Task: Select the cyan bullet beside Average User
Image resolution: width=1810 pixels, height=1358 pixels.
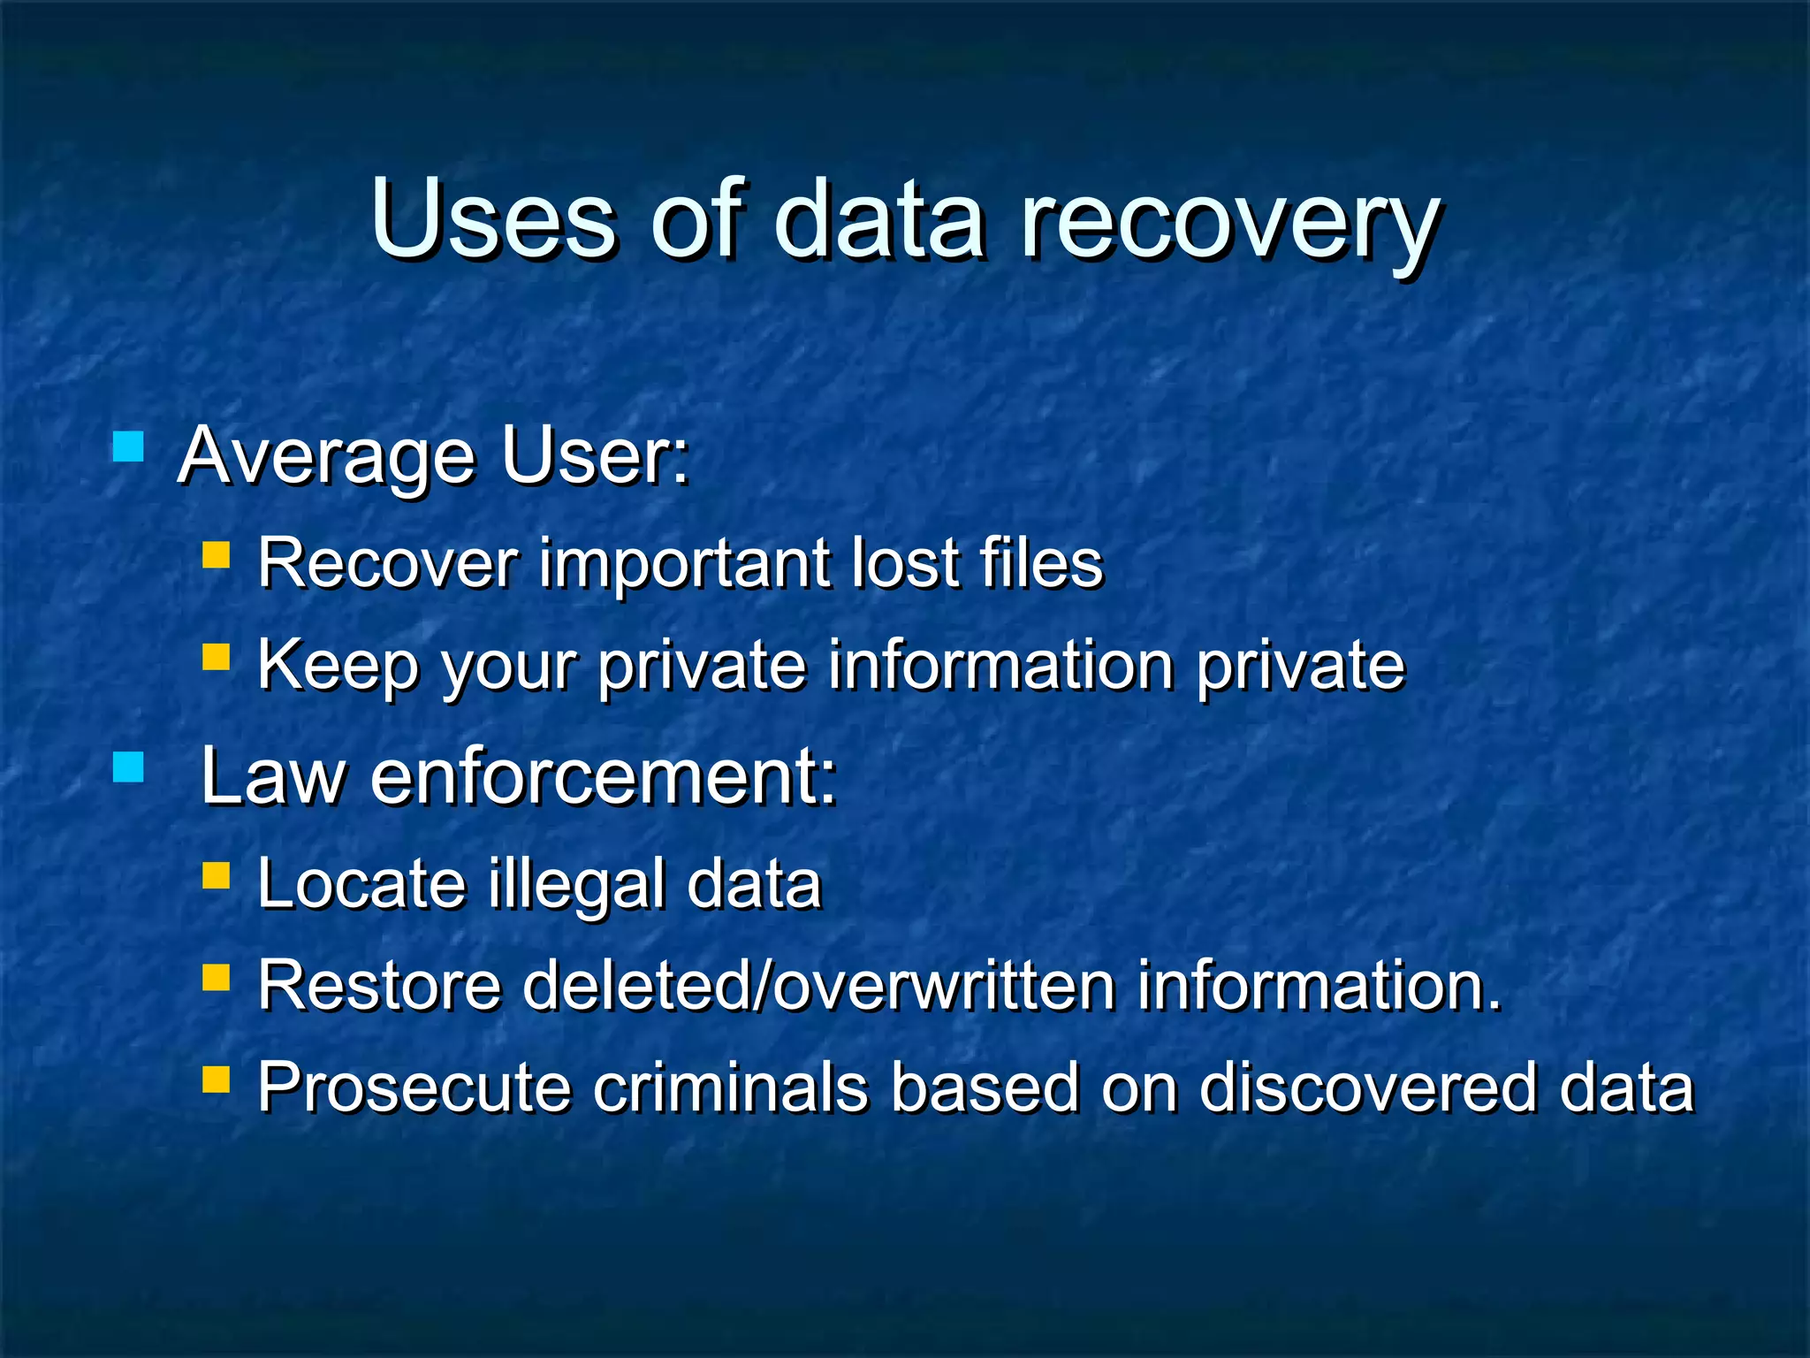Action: (x=129, y=447)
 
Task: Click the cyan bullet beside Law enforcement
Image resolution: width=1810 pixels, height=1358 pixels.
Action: (x=129, y=767)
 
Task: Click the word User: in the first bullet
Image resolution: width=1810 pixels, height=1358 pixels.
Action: (x=595, y=456)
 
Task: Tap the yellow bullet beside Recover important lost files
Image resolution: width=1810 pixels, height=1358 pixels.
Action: (x=216, y=555)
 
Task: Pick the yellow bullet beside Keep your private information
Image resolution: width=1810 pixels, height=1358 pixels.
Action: (x=216, y=657)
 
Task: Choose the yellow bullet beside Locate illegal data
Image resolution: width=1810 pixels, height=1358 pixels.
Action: (x=216, y=876)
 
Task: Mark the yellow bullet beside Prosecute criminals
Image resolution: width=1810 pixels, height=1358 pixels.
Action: (x=216, y=1079)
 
